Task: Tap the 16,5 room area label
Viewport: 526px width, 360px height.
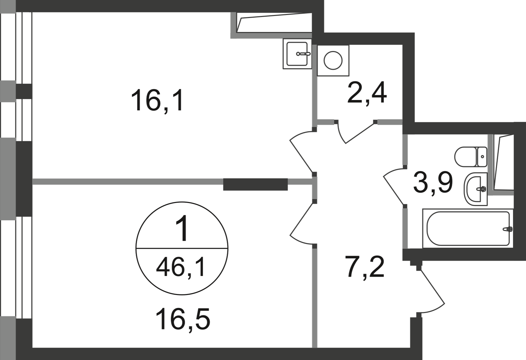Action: click(183, 319)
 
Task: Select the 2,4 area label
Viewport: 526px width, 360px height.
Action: click(367, 93)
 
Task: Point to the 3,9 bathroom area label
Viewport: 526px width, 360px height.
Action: click(433, 182)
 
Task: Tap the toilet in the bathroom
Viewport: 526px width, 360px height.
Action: click(471, 157)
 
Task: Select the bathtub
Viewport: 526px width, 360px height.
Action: click(468, 228)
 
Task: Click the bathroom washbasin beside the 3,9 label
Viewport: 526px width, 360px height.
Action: click(476, 189)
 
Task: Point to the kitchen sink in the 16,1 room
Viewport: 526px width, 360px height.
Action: click(297, 54)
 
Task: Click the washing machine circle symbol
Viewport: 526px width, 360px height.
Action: click(333, 60)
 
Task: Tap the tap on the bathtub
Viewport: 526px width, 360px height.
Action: click(507, 229)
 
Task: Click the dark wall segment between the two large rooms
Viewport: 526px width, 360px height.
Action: click(255, 184)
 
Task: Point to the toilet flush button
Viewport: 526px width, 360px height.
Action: click(483, 156)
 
